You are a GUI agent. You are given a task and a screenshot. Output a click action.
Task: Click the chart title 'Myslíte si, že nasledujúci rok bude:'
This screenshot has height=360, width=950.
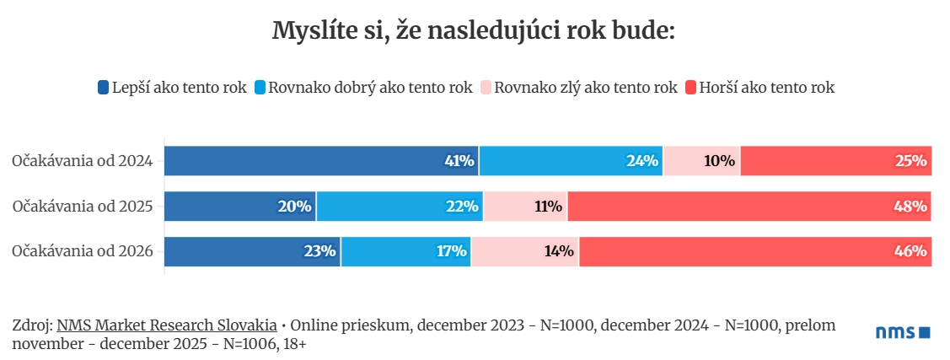(x=474, y=31)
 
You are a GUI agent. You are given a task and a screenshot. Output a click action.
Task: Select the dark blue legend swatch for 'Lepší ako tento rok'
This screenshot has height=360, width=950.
(x=104, y=87)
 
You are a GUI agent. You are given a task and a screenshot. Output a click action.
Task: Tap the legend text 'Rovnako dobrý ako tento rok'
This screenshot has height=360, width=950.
(x=370, y=87)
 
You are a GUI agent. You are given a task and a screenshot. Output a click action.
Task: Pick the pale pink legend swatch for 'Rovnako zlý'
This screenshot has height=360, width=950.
(x=486, y=87)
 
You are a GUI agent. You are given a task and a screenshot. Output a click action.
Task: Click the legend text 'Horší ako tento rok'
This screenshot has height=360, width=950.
(x=766, y=87)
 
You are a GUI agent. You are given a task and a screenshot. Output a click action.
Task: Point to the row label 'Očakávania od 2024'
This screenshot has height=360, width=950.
(x=82, y=160)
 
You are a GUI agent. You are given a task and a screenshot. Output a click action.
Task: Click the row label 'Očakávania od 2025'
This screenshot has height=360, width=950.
(x=82, y=206)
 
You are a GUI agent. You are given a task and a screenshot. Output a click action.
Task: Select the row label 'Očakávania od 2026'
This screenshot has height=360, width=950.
(x=82, y=250)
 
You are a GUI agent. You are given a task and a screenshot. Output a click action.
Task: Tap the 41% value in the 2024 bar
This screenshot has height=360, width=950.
(x=459, y=160)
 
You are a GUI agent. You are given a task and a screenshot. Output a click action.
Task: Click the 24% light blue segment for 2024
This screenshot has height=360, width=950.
(x=571, y=160)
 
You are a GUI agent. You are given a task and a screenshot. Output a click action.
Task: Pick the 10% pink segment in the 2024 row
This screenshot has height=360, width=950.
(x=701, y=160)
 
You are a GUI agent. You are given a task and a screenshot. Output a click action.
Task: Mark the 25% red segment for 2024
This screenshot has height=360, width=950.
(x=835, y=160)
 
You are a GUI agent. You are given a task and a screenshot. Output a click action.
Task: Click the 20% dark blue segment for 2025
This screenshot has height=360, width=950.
(x=239, y=206)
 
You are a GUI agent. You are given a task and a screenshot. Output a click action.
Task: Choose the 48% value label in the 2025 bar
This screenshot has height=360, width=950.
(x=911, y=206)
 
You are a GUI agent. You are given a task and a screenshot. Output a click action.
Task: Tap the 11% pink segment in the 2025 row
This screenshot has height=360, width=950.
(x=525, y=206)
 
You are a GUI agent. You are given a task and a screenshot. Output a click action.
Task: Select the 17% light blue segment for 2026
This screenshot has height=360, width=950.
(x=405, y=250)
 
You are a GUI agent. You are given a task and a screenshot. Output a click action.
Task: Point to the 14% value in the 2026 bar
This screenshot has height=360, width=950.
(x=558, y=250)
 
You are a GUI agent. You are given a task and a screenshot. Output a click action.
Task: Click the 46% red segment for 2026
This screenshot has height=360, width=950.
(x=755, y=250)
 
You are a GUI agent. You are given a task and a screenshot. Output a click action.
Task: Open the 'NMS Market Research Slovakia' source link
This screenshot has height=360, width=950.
(x=167, y=325)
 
